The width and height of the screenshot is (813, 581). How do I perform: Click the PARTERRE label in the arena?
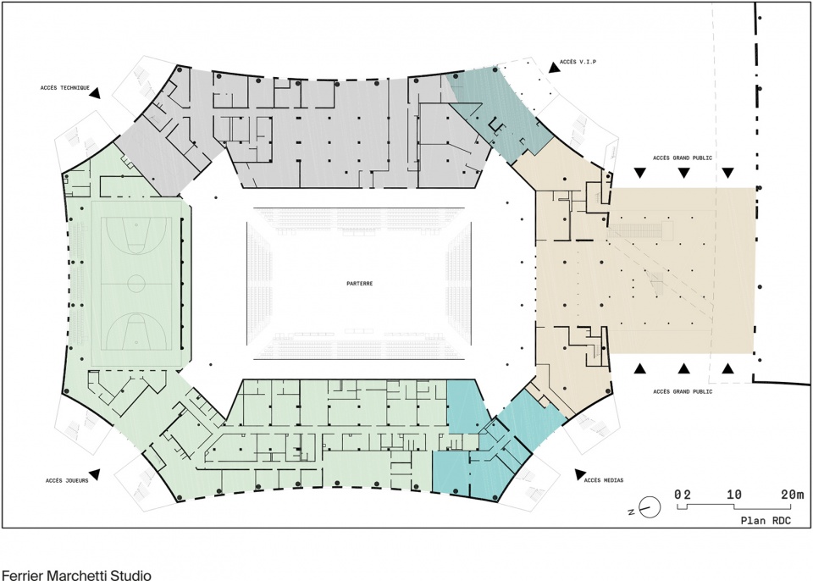coord(359,284)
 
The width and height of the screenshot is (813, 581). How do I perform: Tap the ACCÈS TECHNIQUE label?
coord(65,88)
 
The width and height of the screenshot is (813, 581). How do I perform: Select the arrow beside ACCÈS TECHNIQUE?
coord(95,92)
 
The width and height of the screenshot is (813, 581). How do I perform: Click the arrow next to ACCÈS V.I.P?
coord(554,66)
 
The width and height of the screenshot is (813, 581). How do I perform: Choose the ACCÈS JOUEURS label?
coord(67,481)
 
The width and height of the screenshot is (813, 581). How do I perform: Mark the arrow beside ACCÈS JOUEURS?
coord(94,474)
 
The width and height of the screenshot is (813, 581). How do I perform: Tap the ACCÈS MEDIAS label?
coord(604,480)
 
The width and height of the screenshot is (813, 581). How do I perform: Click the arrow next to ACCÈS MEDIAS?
coord(580,474)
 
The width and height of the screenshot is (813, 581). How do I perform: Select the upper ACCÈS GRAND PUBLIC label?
coord(683,158)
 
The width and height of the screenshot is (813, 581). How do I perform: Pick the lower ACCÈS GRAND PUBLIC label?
coord(683,391)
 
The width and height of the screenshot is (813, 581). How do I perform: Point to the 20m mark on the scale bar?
coord(793,495)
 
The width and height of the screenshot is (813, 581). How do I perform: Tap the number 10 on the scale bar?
coord(733,495)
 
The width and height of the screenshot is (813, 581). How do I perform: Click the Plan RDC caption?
coord(766,520)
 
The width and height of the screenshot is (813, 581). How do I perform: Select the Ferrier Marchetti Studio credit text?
coord(77,575)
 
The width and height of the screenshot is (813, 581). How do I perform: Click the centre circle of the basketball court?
coord(136,284)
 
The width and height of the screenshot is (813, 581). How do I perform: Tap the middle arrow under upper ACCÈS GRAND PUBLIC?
coord(684,173)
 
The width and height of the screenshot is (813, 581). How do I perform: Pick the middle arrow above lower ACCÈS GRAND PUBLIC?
coord(684,368)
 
